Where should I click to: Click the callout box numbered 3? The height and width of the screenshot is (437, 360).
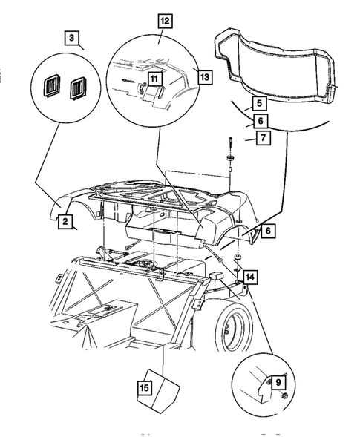(x=71, y=38)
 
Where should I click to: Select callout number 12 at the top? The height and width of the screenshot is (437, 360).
(x=165, y=21)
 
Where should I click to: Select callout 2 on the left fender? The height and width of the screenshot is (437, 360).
(x=65, y=221)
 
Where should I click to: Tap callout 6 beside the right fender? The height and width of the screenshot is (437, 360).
(x=268, y=231)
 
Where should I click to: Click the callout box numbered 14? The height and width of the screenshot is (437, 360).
(x=249, y=277)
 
